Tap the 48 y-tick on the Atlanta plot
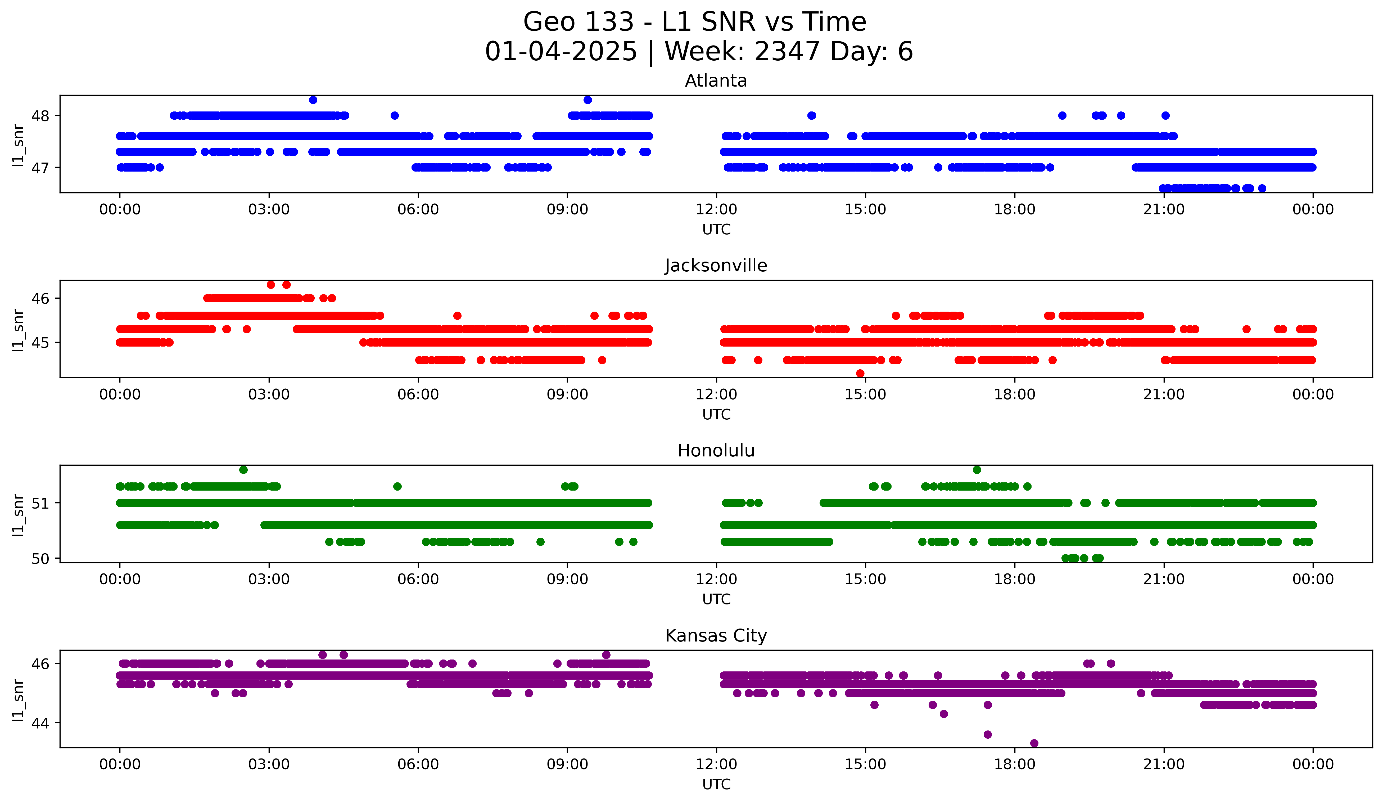point(40,116)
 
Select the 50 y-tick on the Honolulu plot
point(40,559)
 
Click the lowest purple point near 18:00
point(1034,743)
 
